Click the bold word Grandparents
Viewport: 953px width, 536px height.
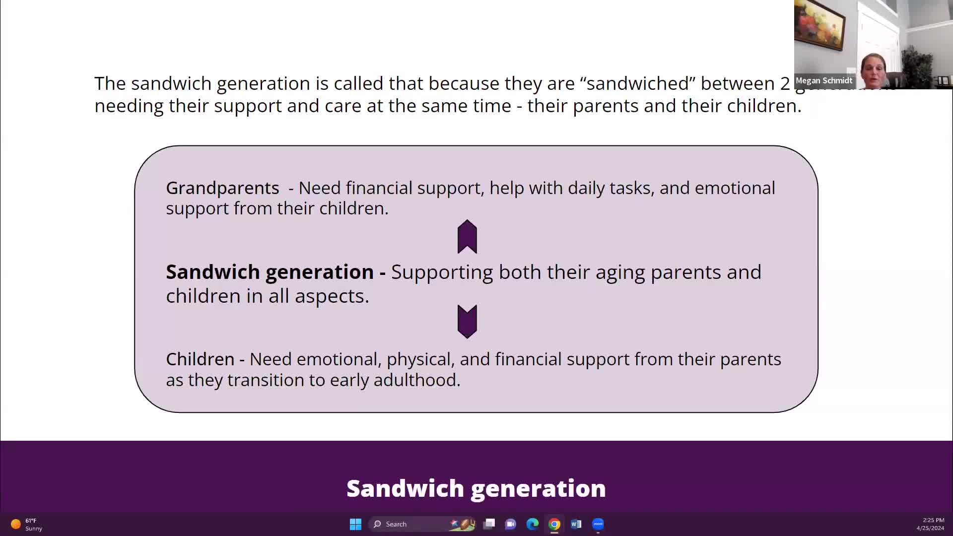click(222, 189)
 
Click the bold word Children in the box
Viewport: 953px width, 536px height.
click(200, 359)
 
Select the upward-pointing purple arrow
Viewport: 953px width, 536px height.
click(467, 237)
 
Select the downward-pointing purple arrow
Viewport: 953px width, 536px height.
click(467, 322)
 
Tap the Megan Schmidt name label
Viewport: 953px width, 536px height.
click(824, 80)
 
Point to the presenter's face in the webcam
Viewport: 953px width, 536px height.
click(874, 67)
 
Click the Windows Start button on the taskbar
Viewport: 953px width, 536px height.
click(355, 524)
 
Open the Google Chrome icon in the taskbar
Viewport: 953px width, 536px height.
click(554, 524)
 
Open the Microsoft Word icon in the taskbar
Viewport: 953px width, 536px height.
click(576, 524)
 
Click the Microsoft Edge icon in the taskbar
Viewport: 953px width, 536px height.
click(533, 524)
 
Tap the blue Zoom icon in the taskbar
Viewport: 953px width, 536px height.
click(598, 524)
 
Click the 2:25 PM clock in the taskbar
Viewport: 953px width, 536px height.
click(933, 520)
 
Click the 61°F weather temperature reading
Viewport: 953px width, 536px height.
click(31, 521)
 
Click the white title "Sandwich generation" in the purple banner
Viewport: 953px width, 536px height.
click(476, 488)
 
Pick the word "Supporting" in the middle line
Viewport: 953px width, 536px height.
click(442, 272)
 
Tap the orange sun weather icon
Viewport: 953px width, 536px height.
click(16, 524)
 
